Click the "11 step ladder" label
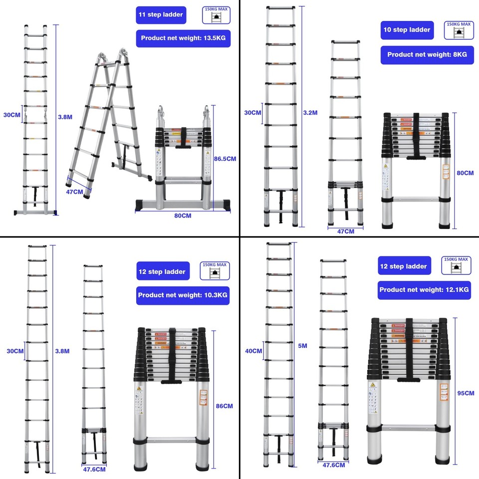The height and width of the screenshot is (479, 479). [x=160, y=15]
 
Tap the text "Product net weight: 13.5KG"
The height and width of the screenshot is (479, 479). [x=183, y=38]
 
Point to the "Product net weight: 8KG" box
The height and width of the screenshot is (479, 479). [x=427, y=55]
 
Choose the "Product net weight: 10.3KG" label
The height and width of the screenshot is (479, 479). [x=183, y=295]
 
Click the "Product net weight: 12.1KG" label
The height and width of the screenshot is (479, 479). [x=424, y=290]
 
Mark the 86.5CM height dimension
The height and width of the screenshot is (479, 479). [x=225, y=159]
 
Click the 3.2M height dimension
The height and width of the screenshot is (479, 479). [x=310, y=113]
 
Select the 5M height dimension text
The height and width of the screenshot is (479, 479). [x=302, y=345]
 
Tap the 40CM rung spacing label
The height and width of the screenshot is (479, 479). [x=253, y=351]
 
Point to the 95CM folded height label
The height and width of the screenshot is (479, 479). [x=465, y=393]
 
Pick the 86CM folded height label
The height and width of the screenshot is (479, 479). [x=224, y=406]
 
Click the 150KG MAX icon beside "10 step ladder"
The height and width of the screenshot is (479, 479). [x=458, y=30]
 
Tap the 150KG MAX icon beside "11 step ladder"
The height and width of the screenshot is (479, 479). [x=217, y=15]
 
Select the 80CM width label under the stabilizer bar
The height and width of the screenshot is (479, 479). [x=183, y=216]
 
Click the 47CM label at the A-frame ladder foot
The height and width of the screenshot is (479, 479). [x=74, y=192]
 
